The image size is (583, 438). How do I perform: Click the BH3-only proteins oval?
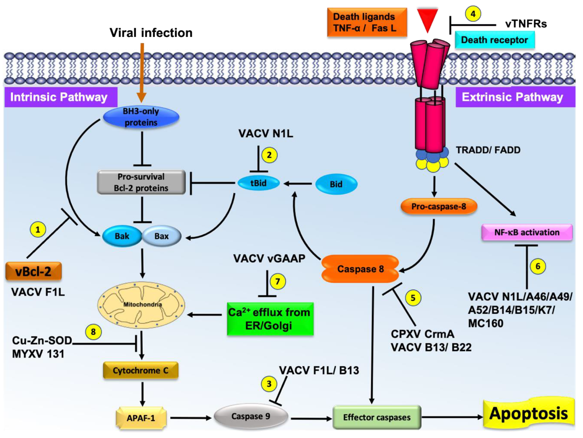coord(141,117)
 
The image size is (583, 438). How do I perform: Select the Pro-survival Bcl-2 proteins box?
coord(141,182)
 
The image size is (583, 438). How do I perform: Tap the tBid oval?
coord(258,183)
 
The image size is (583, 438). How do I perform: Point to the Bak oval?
coord(122,236)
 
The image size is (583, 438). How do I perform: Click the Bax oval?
coord(162,236)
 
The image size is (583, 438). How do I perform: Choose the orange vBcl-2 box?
coord(33,271)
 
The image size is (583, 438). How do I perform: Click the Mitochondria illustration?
coord(141,305)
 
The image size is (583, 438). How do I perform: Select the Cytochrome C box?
coord(141,370)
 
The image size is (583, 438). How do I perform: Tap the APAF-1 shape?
coord(141,418)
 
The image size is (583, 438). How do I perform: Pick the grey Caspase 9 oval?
coord(251,417)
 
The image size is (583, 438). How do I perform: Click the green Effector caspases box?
coord(377,417)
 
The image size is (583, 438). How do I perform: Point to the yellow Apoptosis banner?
coord(529,414)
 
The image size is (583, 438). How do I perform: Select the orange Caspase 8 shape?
coord(360,269)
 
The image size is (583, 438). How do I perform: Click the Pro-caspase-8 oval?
coord(438,207)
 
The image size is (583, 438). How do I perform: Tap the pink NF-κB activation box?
coord(526,233)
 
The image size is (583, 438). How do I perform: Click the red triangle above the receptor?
coord(427,18)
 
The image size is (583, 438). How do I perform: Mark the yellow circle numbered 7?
coord(277,281)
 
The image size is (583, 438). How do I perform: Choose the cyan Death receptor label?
coord(494,40)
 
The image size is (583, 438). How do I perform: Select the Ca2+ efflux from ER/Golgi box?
coord(270,319)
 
